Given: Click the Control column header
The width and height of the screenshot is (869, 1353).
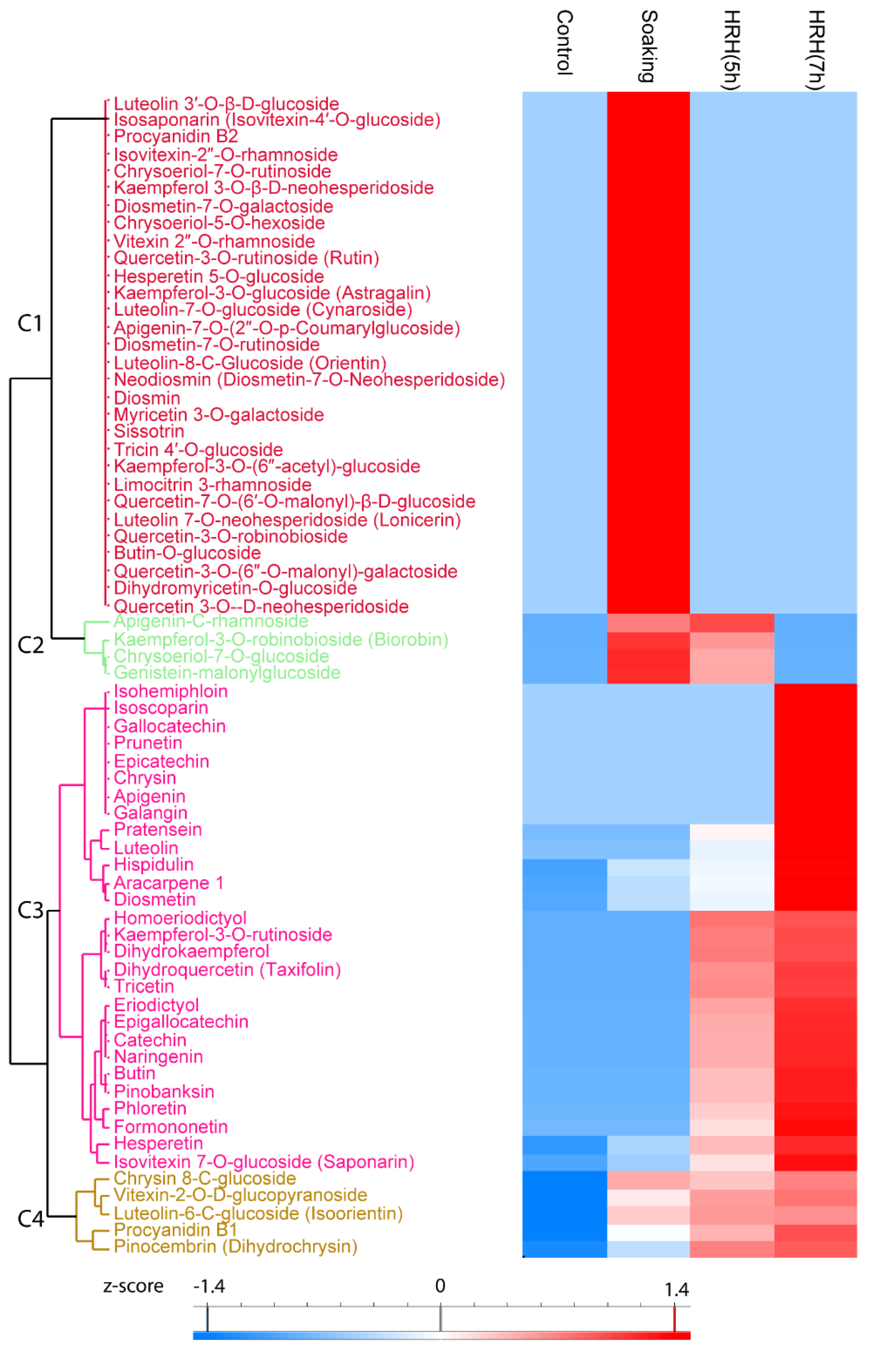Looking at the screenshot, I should coord(564,42).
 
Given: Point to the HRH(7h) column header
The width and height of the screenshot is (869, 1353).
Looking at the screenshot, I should coord(816,50).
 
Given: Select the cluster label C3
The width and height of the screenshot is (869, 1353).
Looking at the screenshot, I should coord(30,910).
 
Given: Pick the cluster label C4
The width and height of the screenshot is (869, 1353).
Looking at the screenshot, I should coord(30,1219).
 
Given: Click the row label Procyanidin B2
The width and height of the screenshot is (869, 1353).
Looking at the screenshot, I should coord(176,136).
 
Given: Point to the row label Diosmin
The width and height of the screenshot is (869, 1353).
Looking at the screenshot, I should coord(147,398).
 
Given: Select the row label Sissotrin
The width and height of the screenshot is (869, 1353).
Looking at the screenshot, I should coord(149,431).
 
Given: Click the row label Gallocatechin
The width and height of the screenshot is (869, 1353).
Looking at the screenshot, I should coord(169,726).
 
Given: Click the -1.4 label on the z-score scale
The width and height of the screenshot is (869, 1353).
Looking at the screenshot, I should coord(209,1286).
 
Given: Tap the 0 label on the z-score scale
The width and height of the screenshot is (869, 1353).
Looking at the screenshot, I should coord(440,1285).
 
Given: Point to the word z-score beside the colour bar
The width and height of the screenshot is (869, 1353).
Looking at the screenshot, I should coord(133,1286).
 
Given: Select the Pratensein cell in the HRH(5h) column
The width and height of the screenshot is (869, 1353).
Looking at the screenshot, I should coord(732,832).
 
